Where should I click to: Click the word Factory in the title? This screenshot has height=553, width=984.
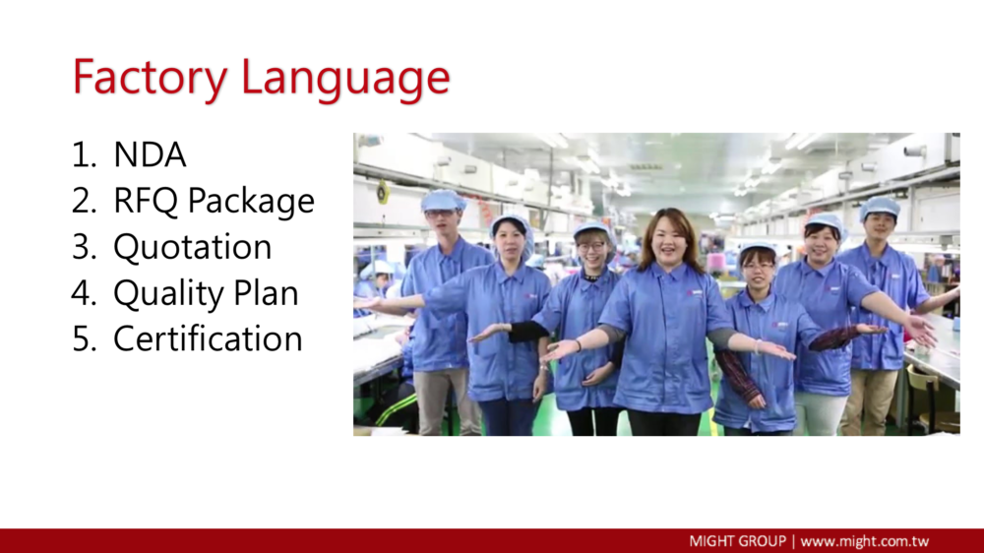tap(150, 78)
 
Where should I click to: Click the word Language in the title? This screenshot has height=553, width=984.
tap(345, 79)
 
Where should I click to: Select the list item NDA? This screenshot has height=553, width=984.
tap(150, 154)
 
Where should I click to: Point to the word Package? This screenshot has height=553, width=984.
tap(251, 202)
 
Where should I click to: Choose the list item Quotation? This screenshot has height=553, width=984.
tap(192, 247)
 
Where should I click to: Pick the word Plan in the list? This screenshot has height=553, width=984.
tap(266, 292)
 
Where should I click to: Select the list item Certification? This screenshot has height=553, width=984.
tap(208, 338)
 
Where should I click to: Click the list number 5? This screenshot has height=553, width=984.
tap(84, 339)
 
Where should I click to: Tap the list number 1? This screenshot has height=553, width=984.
tap(84, 155)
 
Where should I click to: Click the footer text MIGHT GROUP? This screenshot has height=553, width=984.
tap(737, 541)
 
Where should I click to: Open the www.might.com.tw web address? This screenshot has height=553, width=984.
tap(865, 541)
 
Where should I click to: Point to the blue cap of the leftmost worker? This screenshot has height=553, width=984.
tap(443, 200)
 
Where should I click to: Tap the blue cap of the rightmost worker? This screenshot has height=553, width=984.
tap(879, 207)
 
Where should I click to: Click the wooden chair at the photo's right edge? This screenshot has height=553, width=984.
tap(933, 399)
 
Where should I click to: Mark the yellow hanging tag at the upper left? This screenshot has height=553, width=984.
tap(382, 192)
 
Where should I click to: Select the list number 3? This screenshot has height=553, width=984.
tap(84, 247)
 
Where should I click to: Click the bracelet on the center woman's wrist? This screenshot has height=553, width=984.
tap(758, 346)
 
